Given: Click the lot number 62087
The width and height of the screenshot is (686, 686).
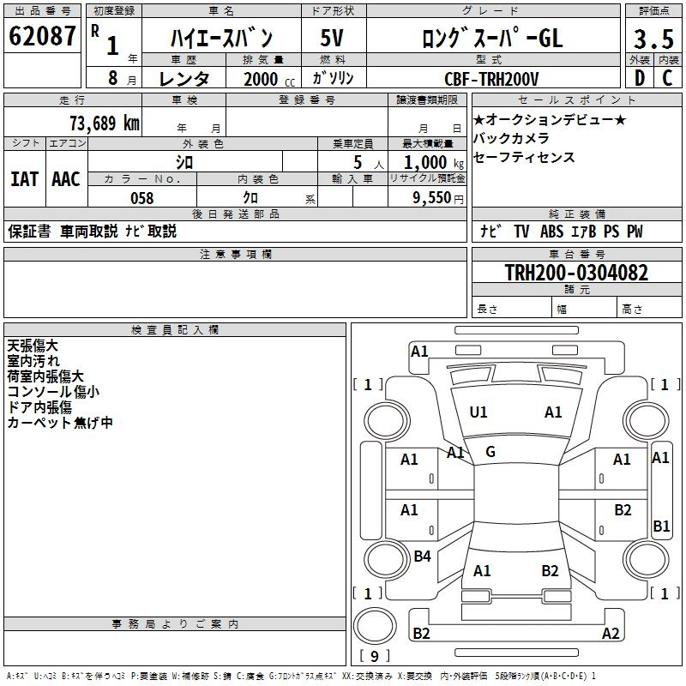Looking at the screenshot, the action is pyautogui.click(x=42, y=36).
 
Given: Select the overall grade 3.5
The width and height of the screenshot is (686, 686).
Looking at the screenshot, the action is pyautogui.click(x=653, y=39).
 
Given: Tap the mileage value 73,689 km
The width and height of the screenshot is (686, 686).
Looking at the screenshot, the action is pyautogui.click(x=105, y=123).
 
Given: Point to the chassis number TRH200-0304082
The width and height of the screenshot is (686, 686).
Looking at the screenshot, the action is pyautogui.click(x=576, y=273).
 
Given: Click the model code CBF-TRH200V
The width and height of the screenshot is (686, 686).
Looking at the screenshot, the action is pyautogui.click(x=491, y=79).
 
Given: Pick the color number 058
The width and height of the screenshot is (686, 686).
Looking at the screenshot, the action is pyautogui.click(x=142, y=198).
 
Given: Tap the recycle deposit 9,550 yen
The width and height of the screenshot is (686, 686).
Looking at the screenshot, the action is pyautogui.click(x=438, y=198).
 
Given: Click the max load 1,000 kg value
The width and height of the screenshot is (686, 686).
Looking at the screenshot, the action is pyautogui.click(x=434, y=163).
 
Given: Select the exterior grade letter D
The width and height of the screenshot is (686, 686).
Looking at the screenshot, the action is pyautogui.click(x=640, y=78).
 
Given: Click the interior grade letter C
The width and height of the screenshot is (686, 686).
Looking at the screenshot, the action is pyautogui.click(x=667, y=78).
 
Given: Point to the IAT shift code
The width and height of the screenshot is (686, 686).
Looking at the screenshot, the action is pyautogui.click(x=25, y=179).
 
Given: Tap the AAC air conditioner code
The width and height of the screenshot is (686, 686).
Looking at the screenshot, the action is pyautogui.click(x=66, y=179).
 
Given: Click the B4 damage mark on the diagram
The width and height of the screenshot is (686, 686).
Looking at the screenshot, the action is pyautogui.click(x=422, y=557).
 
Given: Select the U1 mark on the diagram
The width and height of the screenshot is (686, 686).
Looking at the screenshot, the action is pyautogui.click(x=478, y=412).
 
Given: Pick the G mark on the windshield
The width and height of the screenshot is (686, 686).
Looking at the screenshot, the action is pyautogui.click(x=490, y=452).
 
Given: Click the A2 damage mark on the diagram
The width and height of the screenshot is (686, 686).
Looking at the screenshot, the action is pyautogui.click(x=611, y=633).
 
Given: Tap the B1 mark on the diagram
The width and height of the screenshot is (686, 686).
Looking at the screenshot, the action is pyautogui.click(x=661, y=526).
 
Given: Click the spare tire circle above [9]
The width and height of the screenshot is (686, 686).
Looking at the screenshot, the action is pyautogui.click(x=375, y=626).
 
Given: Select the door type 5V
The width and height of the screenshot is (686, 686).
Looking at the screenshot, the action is pyautogui.click(x=332, y=38).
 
